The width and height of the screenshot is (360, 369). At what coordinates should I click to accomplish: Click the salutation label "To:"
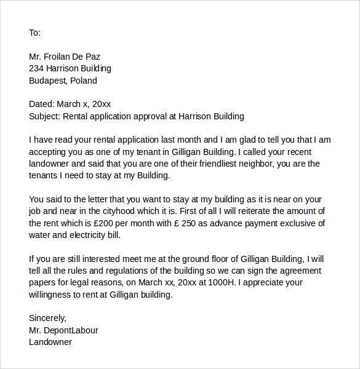(x=34, y=33)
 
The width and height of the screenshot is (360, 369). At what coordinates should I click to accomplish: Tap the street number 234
(x=37, y=68)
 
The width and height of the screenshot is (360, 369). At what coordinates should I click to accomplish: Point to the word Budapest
(x=48, y=81)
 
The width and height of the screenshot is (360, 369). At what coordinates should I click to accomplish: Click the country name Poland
(x=84, y=81)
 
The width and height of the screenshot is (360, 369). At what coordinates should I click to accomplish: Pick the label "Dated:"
(x=42, y=104)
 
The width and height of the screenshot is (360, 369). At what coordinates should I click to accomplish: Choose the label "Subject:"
(x=45, y=116)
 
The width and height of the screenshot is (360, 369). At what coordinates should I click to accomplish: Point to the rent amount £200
(x=111, y=223)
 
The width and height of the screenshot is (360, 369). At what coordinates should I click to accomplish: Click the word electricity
(x=90, y=234)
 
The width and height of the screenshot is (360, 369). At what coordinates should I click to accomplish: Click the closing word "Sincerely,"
(x=47, y=318)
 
